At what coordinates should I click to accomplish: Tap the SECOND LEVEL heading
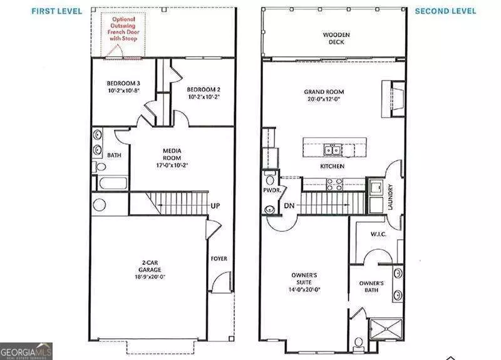tap(445, 11)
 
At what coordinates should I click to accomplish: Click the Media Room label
tap(172, 155)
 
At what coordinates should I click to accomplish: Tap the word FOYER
tap(219, 259)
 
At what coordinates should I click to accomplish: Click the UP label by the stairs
tap(214, 205)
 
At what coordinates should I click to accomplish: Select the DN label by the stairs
tap(289, 205)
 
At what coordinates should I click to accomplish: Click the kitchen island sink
tap(332, 150)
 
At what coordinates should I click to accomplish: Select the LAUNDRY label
tap(390, 196)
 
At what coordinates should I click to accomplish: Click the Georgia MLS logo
tap(26, 351)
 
